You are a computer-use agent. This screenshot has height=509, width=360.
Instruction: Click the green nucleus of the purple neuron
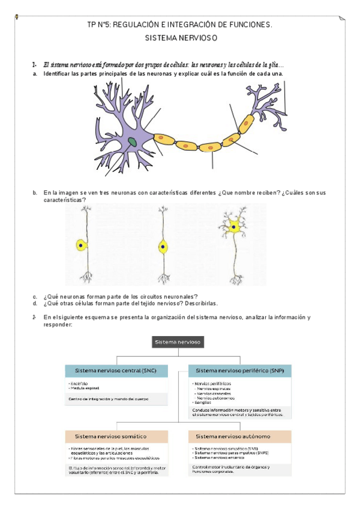[132, 142]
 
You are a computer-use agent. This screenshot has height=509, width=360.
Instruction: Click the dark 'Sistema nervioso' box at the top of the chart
[178, 342]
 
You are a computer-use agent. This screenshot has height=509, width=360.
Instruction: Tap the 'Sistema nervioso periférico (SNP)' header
[239, 371]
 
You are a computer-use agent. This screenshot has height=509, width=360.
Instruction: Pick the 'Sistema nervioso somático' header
[110, 436]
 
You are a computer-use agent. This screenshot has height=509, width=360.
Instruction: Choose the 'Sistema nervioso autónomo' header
[232, 436]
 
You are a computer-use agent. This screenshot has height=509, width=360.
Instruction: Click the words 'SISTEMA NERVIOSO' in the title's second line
[181, 37]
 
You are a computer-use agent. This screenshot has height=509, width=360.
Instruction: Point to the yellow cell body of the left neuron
[81, 245]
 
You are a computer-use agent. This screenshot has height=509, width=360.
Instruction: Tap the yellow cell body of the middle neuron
[162, 245]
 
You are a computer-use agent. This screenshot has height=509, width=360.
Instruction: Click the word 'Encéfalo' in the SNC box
[80, 383]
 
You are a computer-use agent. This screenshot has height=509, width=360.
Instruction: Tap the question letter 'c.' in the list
[35, 297]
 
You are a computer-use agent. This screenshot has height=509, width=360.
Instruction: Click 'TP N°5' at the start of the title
[98, 25]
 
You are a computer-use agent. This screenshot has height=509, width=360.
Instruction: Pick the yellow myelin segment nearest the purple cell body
[163, 138]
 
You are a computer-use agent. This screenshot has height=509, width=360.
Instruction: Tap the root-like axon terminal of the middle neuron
[162, 277]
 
